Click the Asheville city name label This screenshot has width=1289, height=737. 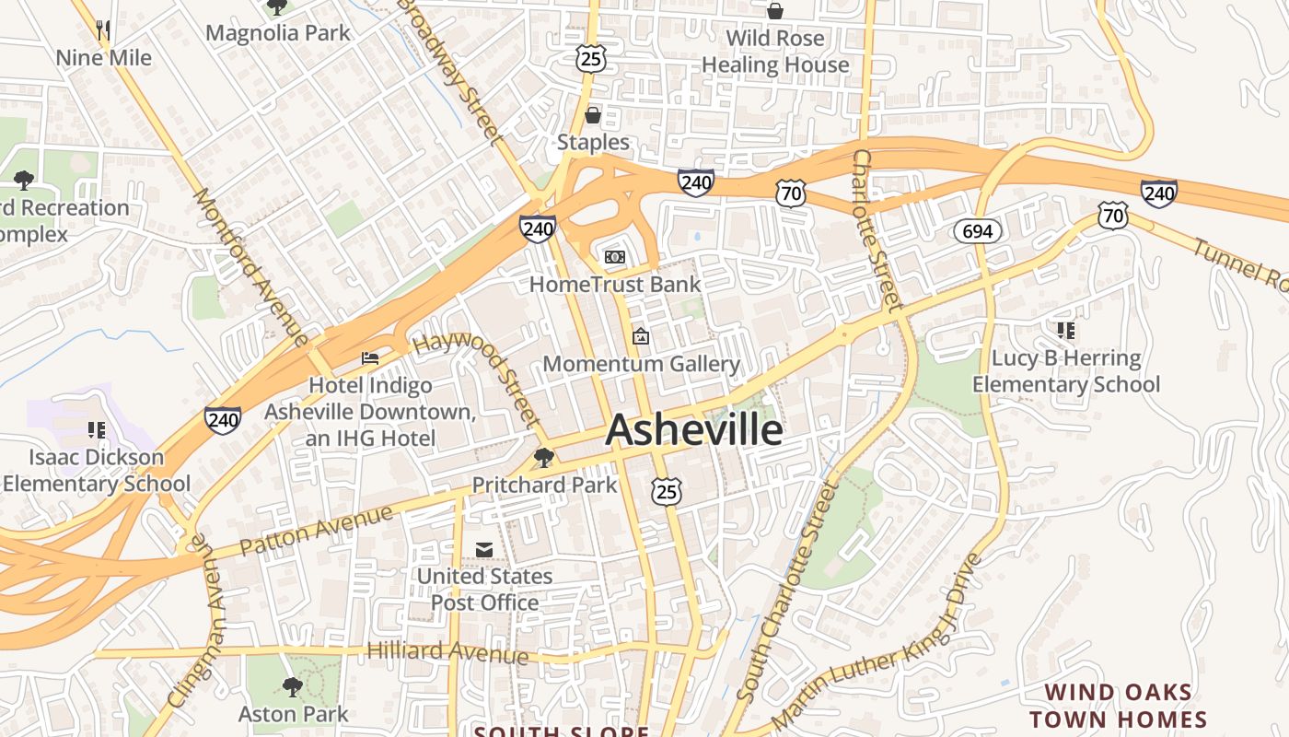(694, 430)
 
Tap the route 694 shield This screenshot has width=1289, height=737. (977, 231)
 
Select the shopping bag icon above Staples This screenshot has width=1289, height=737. (593, 115)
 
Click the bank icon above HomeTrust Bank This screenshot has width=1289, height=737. (614, 257)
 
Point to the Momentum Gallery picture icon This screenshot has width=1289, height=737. (641, 337)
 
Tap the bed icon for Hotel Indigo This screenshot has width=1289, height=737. (370, 358)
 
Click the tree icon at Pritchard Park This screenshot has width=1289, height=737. (544, 457)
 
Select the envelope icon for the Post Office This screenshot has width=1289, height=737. (484, 550)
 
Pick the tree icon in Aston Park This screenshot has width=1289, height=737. (293, 686)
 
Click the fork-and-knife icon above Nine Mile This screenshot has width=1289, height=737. (103, 30)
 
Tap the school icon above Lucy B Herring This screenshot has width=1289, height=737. (1066, 330)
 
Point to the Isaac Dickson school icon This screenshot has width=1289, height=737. (97, 429)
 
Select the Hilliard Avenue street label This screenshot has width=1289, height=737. (447, 651)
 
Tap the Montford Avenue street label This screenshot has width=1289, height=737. (250, 267)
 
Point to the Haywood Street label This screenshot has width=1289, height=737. (477, 378)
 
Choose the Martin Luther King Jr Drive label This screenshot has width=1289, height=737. (876, 642)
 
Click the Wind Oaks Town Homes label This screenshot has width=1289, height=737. (1118, 707)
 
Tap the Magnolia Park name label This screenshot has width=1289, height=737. (278, 33)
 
